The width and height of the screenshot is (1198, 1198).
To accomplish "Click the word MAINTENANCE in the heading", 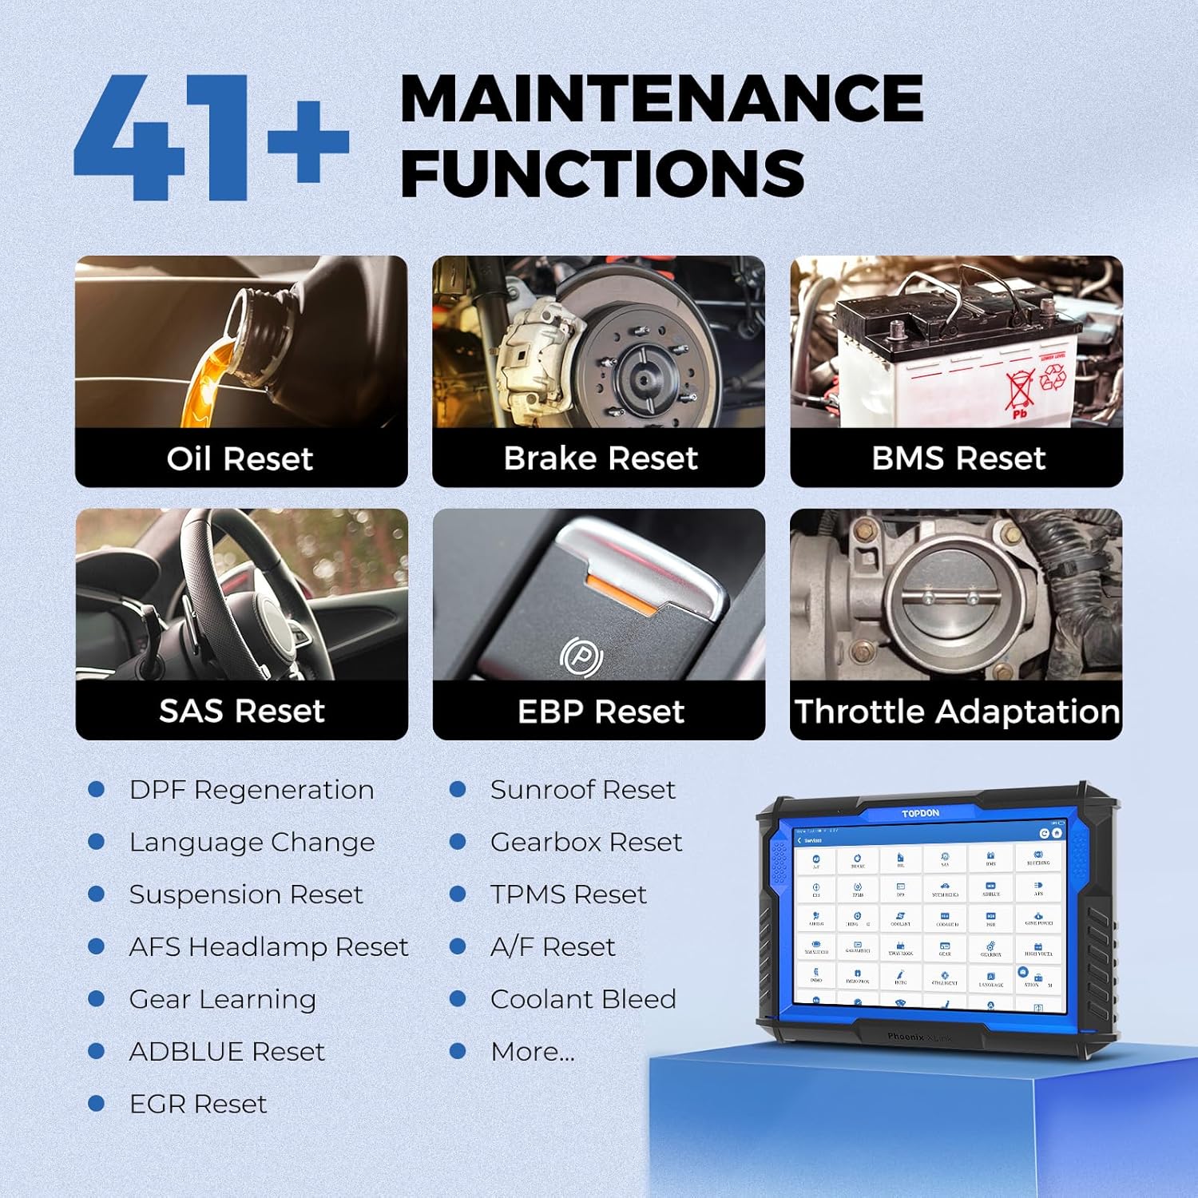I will (661, 99).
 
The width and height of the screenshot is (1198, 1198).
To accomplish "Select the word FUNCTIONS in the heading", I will (603, 173).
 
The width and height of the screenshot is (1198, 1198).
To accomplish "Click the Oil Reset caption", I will (240, 459).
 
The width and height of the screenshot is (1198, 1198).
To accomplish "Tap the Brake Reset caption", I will (601, 458).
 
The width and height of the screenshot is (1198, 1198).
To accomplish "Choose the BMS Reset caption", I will (958, 458).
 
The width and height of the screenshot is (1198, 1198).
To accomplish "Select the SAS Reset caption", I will (241, 711).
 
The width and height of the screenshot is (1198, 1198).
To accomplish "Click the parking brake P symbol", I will (581, 657).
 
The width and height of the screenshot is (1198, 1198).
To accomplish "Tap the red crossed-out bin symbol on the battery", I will (1021, 390).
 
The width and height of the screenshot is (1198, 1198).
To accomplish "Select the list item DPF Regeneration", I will (252, 790).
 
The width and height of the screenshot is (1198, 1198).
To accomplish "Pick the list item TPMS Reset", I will (568, 895).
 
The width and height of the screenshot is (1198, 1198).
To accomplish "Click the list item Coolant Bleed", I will (583, 999).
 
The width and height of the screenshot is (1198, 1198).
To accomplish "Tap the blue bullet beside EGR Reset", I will (97, 1104).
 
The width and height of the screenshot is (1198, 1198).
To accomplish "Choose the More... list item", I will (532, 1052).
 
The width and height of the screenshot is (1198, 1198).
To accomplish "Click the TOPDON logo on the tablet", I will (920, 813).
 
